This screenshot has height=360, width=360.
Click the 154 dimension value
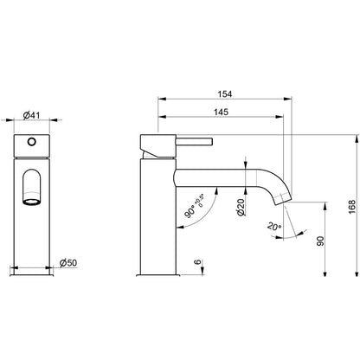225,94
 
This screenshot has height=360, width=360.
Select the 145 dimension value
221,112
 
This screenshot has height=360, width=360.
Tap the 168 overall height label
352,207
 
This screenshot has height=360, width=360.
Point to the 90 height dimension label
320,241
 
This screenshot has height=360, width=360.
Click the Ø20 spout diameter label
241,207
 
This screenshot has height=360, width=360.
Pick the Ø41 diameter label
31,115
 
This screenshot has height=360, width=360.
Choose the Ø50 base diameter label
68,263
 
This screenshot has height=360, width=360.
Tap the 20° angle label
274,226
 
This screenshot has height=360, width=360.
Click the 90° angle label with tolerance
195,207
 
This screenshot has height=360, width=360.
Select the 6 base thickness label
197,262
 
